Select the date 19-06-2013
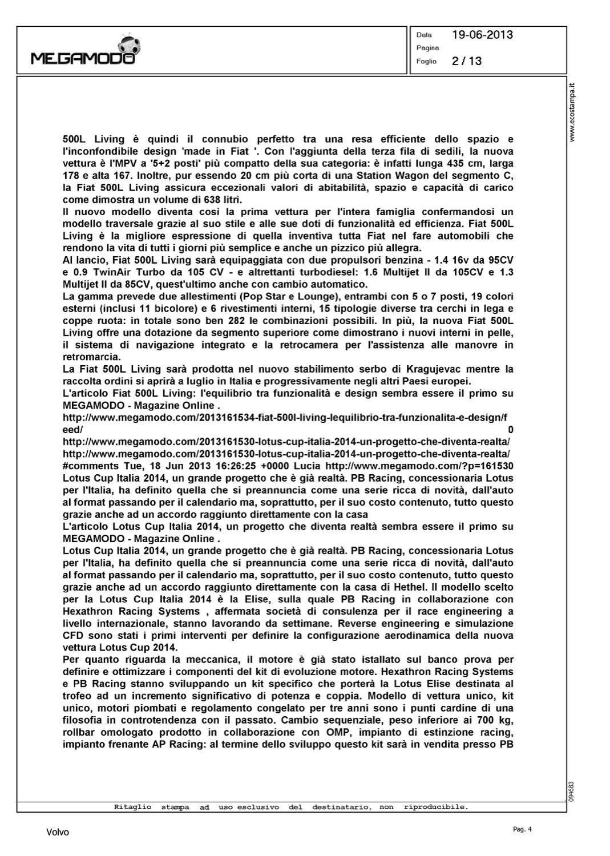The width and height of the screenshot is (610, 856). tap(482, 35)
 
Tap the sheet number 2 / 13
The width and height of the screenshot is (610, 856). tap(466, 61)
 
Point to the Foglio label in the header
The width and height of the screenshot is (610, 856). tap(426, 61)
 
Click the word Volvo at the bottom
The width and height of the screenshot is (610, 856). tap(57, 833)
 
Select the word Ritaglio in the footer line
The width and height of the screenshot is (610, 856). tap(132, 807)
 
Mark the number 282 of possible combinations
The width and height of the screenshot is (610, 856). tap(236, 321)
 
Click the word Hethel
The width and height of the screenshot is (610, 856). tap(410, 587)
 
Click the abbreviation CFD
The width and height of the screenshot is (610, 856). tap(74, 635)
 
